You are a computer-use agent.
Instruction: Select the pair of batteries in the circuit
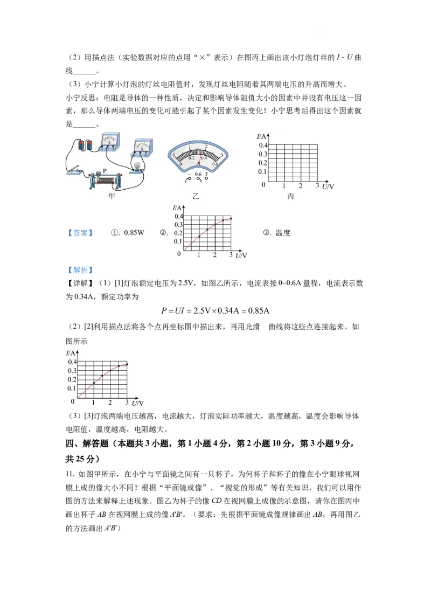(x=86, y=144)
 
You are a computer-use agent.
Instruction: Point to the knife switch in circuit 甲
(x=77, y=171)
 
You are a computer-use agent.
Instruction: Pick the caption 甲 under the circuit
(x=111, y=197)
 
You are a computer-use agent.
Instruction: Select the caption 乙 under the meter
(x=196, y=197)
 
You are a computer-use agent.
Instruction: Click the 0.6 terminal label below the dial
(x=198, y=175)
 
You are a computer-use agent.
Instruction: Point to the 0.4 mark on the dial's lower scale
(x=204, y=158)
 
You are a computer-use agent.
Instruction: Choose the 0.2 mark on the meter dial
(x=191, y=158)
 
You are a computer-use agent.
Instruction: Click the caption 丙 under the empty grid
(x=291, y=197)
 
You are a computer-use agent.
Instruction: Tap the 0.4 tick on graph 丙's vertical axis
(x=263, y=145)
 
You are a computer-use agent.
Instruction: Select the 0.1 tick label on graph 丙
(x=263, y=171)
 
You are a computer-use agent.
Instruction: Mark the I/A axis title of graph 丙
(x=261, y=137)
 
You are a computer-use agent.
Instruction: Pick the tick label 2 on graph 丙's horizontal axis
(x=301, y=185)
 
